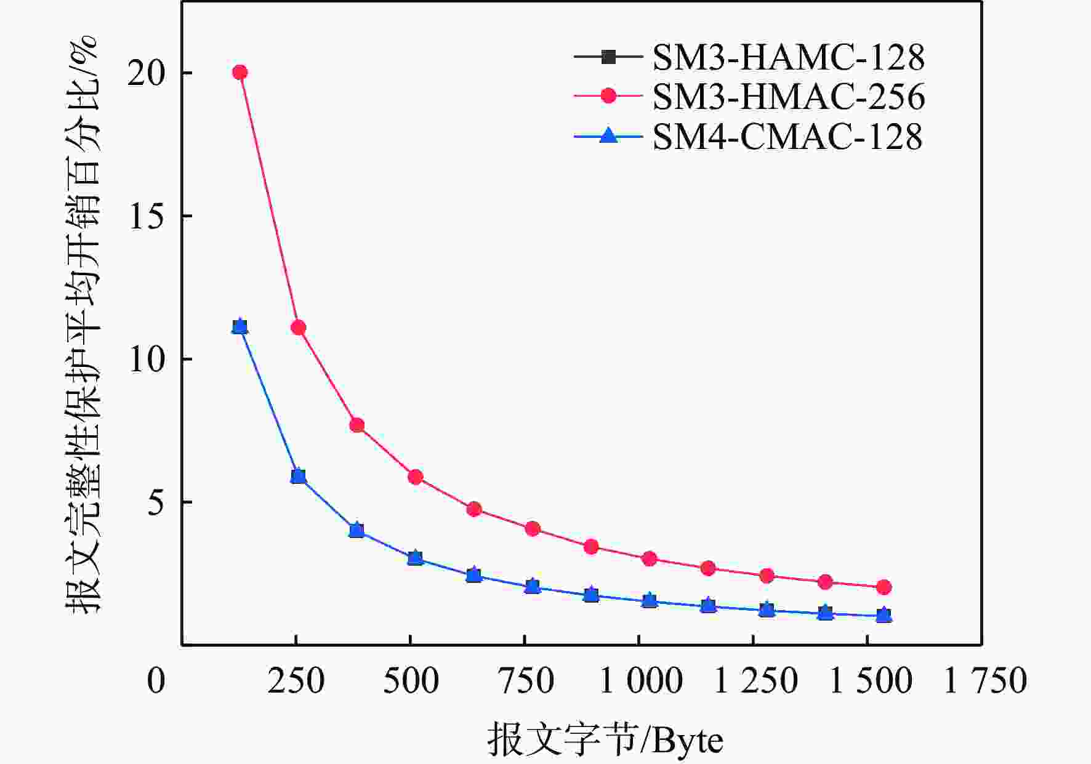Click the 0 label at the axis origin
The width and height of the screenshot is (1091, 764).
point(156,682)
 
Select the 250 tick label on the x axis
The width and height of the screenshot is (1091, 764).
point(296,682)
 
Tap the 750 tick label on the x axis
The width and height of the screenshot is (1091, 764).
point(525,682)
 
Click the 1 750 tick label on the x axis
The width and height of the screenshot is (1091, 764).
point(985,682)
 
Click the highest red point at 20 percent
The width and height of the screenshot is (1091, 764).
point(240,73)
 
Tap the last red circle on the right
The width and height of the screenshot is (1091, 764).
point(884,587)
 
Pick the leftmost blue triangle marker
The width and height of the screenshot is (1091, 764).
point(240,326)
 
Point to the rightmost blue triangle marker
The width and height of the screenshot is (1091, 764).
point(884,615)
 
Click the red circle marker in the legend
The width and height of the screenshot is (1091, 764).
point(608,96)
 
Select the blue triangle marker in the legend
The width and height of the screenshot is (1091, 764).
point(608,135)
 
